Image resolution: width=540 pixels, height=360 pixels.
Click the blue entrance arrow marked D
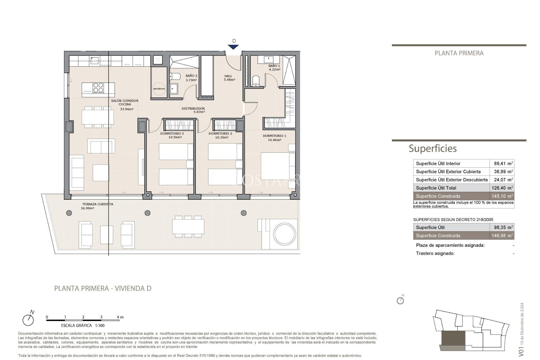pyautogui.click(x=233, y=47)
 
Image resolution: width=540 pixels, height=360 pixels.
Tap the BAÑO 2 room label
pyautogui.click(x=191, y=78)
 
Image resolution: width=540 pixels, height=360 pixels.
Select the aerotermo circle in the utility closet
pyautogui.click(x=159, y=89)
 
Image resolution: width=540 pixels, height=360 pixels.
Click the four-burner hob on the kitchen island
pyautogui.click(x=98, y=87)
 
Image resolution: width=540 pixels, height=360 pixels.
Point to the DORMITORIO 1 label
pyautogui.click(x=274, y=138)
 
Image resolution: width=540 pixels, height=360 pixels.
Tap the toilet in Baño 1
pyautogui.click(x=256, y=81)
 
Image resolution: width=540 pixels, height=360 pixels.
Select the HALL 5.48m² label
pyautogui.click(x=229, y=78)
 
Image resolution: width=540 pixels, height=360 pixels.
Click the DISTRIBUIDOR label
pyautogui.click(x=193, y=110)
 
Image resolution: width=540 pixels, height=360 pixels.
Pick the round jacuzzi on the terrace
pyautogui.click(x=285, y=234)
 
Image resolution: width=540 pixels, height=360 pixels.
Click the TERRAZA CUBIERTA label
pyautogui.click(x=97, y=206)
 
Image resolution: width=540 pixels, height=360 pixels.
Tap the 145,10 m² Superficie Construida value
pyautogui.click(x=502, y=196)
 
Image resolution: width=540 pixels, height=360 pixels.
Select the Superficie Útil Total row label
pyautogui.click(x=436, y=188)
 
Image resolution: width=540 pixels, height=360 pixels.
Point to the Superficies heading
pyautogui.click(x=433, y=148)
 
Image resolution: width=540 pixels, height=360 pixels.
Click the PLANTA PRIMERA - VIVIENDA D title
pyautogui.click(x=103, y=288)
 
